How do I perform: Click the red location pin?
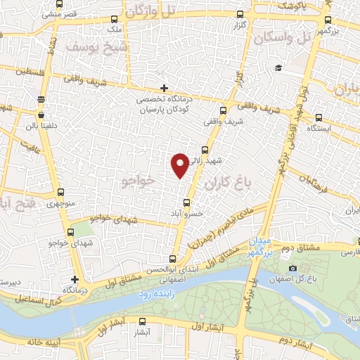point(180,165)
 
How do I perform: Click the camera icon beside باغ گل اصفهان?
point(292,269)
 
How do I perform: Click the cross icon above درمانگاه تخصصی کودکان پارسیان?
point(164,89)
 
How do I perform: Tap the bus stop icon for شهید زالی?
point(205,149)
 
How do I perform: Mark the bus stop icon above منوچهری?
point(59,193)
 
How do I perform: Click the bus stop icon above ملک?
point(112,20)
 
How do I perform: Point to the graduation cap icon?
point(279,68)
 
